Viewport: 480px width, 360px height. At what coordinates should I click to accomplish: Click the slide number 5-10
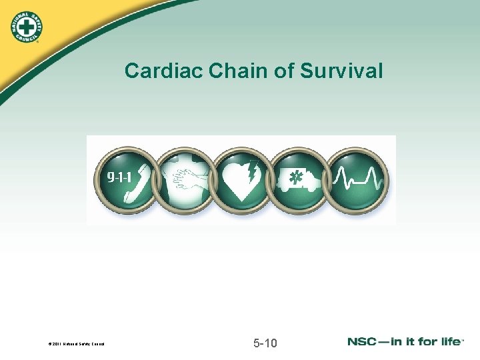tap(266, 344)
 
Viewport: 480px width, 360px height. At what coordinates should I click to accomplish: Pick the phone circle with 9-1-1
tap(127, 180)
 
